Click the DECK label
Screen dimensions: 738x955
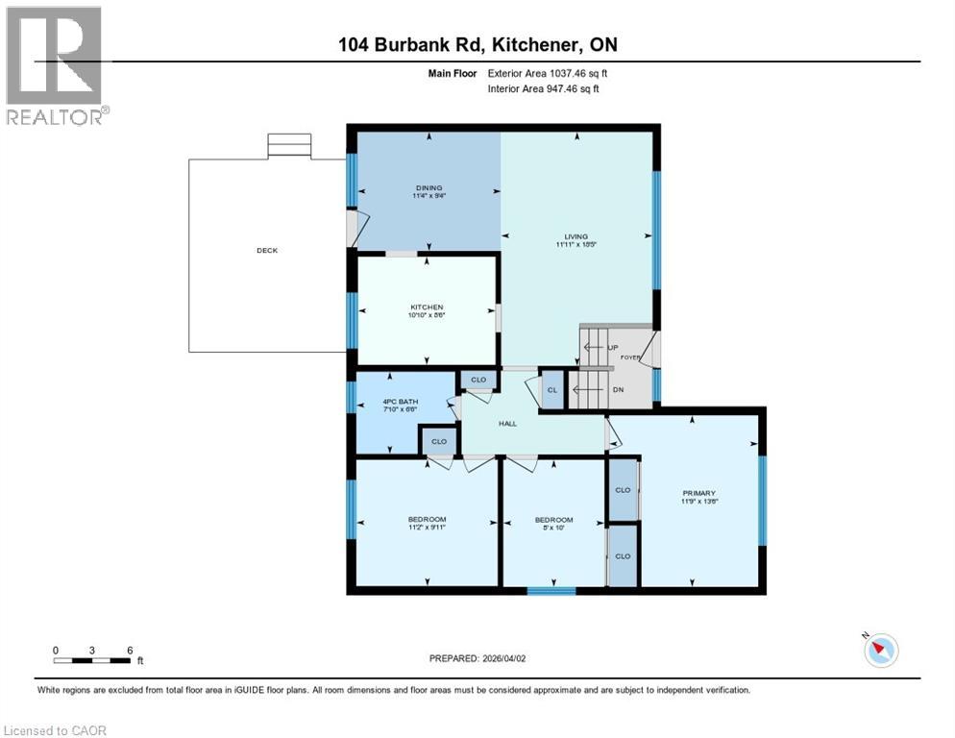267,251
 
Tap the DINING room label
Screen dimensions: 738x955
428,187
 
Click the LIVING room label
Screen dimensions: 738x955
576,236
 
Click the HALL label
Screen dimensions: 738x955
507,423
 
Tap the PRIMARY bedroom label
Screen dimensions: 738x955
699,493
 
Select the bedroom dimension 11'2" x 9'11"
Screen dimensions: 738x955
427,528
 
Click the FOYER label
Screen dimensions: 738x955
630,357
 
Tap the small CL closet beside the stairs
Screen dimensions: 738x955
552,390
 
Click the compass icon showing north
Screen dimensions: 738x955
879,650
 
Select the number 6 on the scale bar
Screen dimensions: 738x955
129,650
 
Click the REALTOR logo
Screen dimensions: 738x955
55,65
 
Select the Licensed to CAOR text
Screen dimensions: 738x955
56,730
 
